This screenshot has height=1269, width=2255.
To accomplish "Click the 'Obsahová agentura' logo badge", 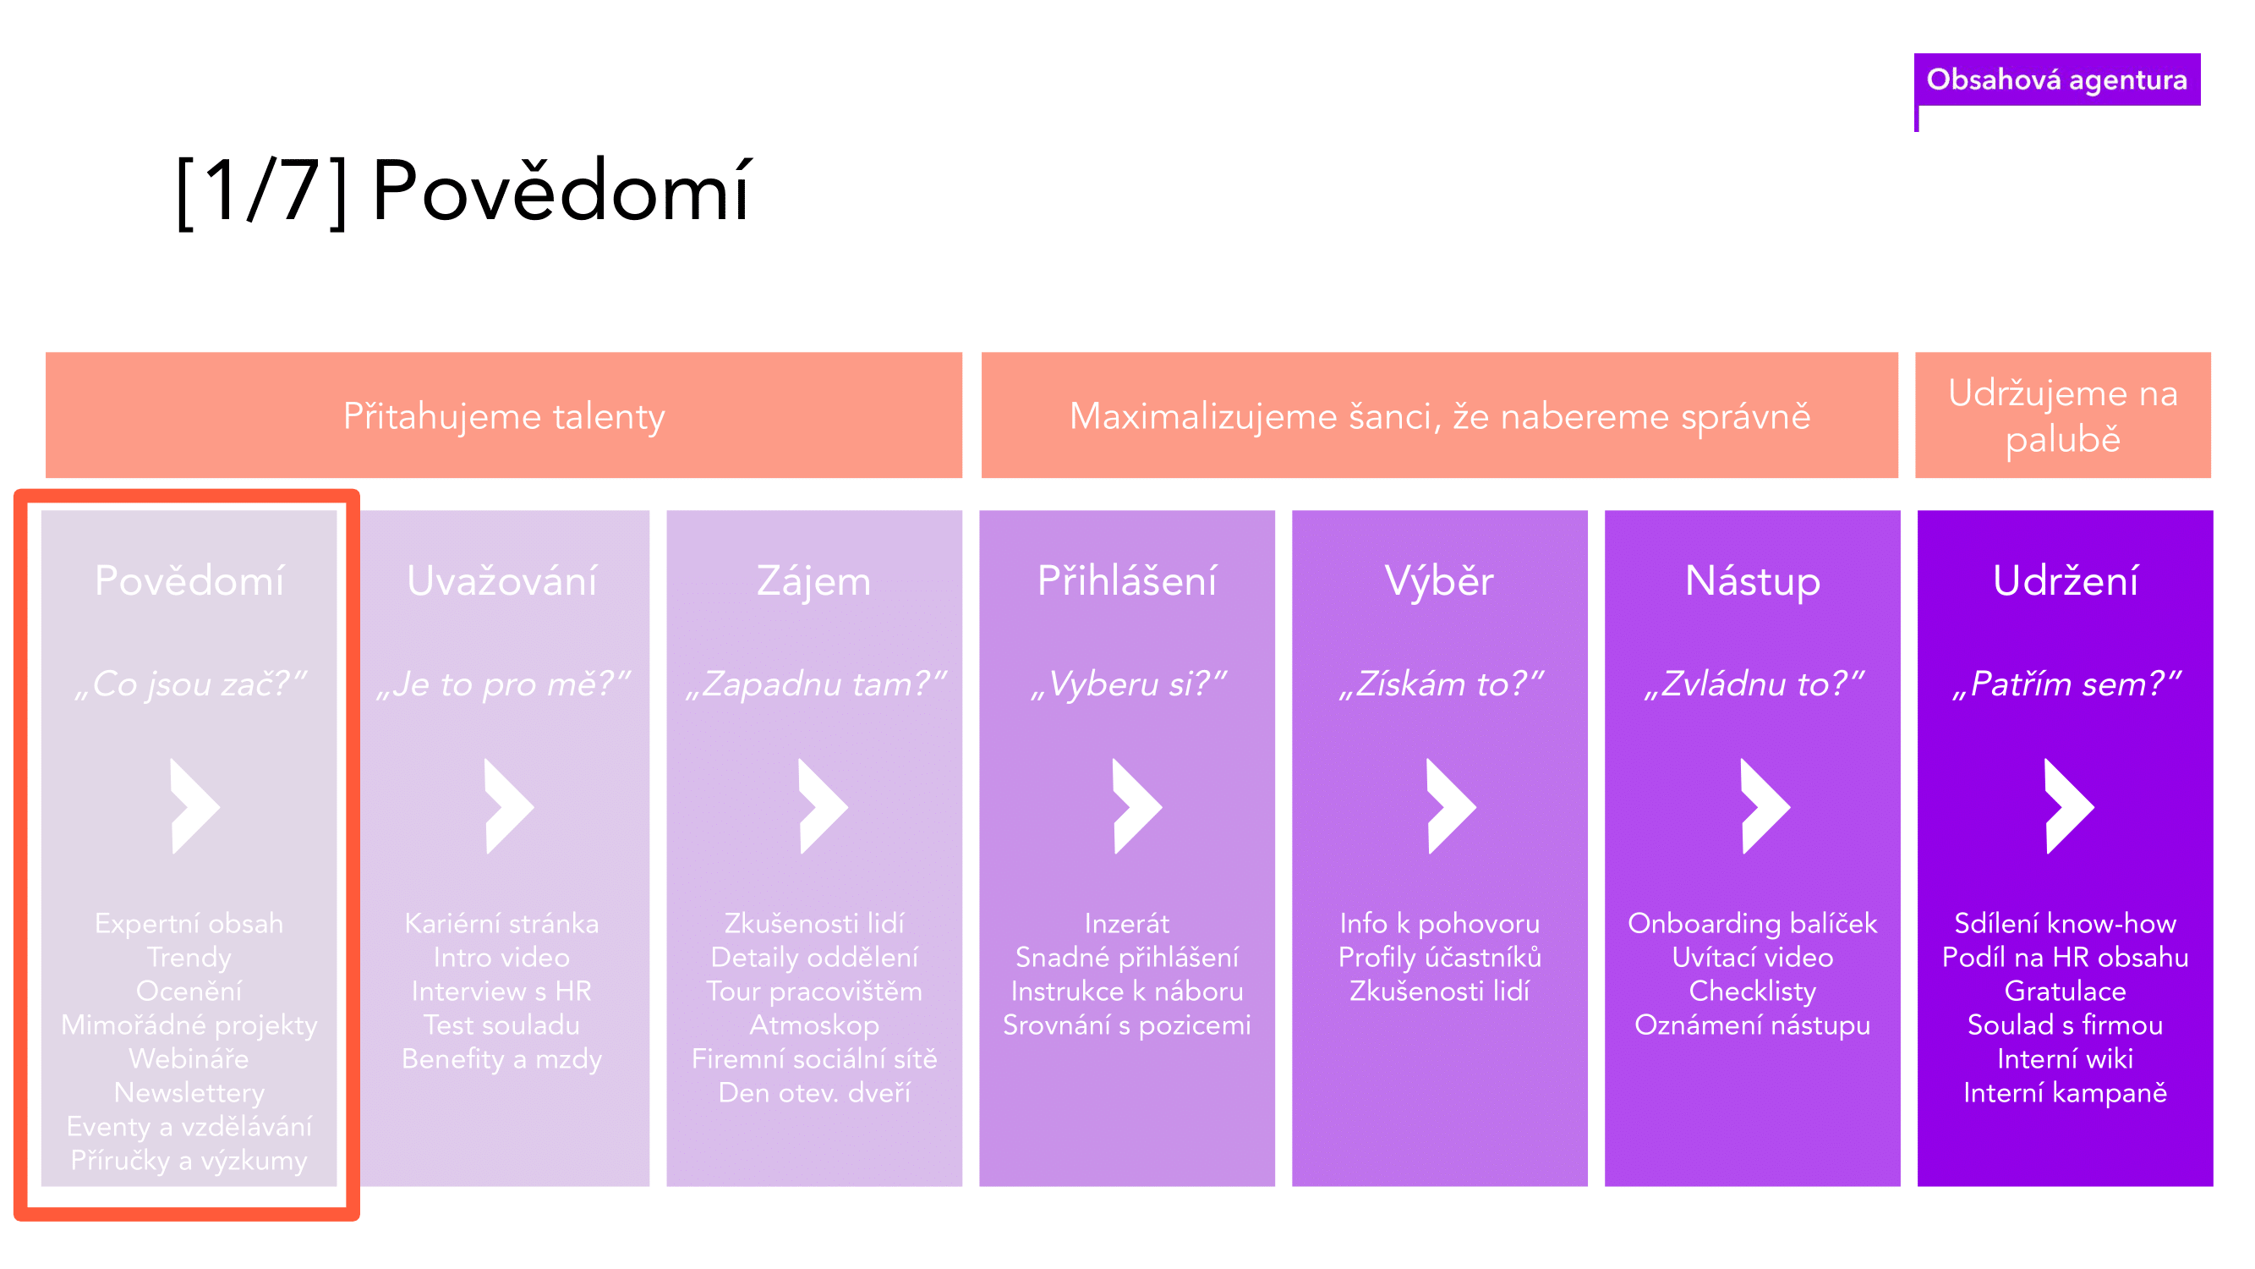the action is click(x=2056, y=80).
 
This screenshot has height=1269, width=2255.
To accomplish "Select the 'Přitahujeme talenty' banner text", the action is click(x=504, y=416).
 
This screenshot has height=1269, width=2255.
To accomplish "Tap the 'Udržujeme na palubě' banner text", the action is click(x=2063, y=416).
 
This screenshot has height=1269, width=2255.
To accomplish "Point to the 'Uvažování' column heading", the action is click(x=501, y=580).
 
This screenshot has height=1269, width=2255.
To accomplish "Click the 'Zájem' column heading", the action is click(x=814, y=581).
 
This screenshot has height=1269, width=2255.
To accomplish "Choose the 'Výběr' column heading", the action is click(x=1439, y=580).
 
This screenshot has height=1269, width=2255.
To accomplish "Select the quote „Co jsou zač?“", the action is click(x=190, y=684).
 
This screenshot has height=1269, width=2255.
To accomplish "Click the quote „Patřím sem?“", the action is click(x=2066, y=684).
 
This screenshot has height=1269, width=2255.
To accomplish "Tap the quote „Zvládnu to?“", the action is click(x=1754, y=684).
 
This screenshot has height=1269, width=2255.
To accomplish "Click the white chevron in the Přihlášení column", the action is click(x=1136, y=805).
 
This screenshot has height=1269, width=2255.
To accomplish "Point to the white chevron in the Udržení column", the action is click(x=2068, y=805).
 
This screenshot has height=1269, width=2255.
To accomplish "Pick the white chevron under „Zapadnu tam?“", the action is click(x=823, y=805).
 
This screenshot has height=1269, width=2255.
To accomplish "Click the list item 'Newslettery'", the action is click(x=189, y=1093).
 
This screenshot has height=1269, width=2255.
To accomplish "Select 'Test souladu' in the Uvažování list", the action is click(x=501, y=1025).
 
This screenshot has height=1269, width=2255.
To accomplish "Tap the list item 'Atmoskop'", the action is click(x=814, y=1025).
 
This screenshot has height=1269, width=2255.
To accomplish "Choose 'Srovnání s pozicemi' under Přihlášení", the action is click(x=1126, y=1025).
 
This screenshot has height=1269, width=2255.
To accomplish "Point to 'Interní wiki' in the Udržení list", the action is click(x=2065, y=1059).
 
